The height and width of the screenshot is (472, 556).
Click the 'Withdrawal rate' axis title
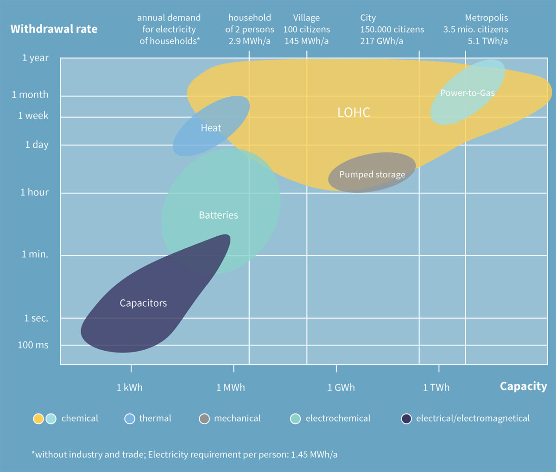[54, 29]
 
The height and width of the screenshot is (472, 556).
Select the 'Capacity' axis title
[523, 386]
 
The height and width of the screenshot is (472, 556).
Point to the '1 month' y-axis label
[30, 94]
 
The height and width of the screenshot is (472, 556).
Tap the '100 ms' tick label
[33, 345]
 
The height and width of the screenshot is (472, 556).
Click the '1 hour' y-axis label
[34, 192]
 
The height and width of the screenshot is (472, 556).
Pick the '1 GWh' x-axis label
[341, 388]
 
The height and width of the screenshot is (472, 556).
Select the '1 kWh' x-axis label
[130, 388]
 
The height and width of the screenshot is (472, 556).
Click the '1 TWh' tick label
[436, 388]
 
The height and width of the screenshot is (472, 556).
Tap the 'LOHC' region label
[354, 113]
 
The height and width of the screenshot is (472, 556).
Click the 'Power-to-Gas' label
[467, 93]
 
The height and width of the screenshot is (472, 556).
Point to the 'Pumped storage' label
[372, 175]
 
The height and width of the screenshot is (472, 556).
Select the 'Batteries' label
[218, 215]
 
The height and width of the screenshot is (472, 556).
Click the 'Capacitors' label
[143, 303]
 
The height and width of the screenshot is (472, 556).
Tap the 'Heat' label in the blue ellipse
[211, 128]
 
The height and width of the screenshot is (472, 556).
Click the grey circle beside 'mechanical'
[204, 419]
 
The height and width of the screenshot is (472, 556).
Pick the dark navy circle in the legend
[406, 419]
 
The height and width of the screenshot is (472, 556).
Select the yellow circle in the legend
[38, 419]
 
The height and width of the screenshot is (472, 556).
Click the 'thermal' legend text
[155, 419]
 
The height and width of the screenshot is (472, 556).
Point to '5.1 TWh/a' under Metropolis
[487, 41]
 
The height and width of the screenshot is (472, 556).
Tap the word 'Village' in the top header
[306, 18]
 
